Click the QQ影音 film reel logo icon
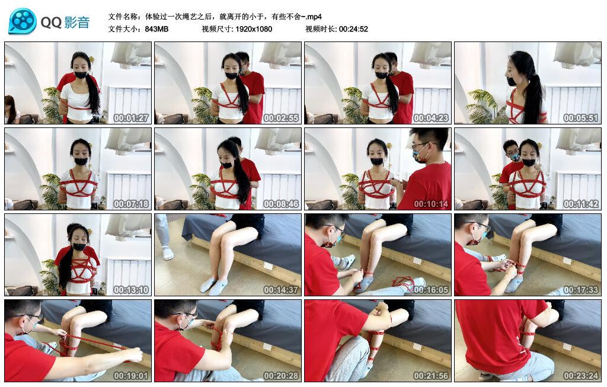click(x=23, y=21)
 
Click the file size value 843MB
click(x=157, y=29)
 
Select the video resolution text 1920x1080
click(x=253, y=29)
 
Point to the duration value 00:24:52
click(x=354, y=29)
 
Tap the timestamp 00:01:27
click(x=130, y=118)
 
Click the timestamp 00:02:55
click(x=280, y=118)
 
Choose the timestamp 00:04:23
click(x=430, y=118)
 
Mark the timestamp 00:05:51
click(x=580, y=118)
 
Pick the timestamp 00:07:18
click(x=130, y=204)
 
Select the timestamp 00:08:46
click(x=280, y=204)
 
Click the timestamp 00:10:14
click(x=430, y=204)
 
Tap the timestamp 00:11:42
click(x=580, y=204)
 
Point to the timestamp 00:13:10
click(x=130, y=290)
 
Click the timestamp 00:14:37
click(x=280, y=290)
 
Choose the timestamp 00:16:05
click(x=430, y=290)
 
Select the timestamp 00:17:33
click(x=580, y=290)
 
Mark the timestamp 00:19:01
click(x=130, y=376)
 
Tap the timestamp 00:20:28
click(x=280, y=376)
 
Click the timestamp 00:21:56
click(x=430, y=376)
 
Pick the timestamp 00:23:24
click(x=580, y=376)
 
